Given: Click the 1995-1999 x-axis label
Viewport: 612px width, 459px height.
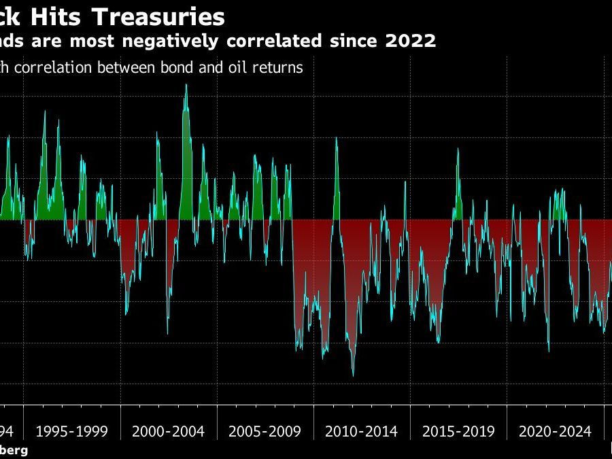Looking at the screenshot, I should click(71, 431).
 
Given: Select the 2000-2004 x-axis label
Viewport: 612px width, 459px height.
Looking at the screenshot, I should click(168, 431).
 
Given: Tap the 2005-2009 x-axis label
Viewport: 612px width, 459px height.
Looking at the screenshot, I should click(265, 431).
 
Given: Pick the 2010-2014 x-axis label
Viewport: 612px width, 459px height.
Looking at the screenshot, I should click(361, 431).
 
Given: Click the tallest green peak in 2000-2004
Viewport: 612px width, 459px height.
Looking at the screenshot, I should click(186, 85).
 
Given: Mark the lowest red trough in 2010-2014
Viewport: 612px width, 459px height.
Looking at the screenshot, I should click(353, 375).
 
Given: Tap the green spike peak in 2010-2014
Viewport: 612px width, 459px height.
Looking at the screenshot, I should click(336, 138).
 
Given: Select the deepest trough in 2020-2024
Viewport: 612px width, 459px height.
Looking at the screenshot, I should click(548, 351).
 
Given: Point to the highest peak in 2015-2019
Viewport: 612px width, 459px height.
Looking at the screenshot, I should click(457, 149).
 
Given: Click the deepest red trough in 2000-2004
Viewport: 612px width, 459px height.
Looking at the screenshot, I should click(167, 333).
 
